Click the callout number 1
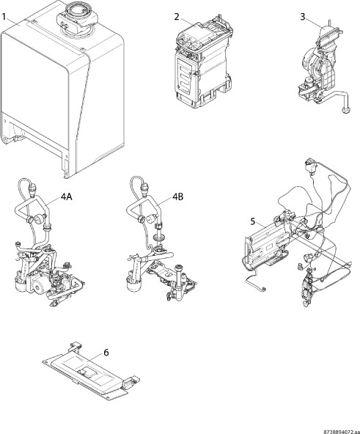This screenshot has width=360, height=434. click(x=4, y=17)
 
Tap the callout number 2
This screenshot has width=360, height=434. click(x=177, y=17)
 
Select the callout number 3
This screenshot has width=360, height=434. click(x=303, y=17)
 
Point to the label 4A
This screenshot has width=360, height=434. click(x=67, y=196)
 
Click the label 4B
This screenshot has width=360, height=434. click(x=178, y=196)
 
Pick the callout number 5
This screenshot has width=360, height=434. click(x=253, y=221)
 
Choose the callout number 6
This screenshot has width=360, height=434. click(x=106, y=353)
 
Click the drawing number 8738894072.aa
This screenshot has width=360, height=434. click(x=342, y=432)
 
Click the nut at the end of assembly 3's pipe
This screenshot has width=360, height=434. click(x=345, y=110)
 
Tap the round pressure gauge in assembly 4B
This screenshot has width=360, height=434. click(x=152, y=219)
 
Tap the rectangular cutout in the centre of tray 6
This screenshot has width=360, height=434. click(x=88, y=372)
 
